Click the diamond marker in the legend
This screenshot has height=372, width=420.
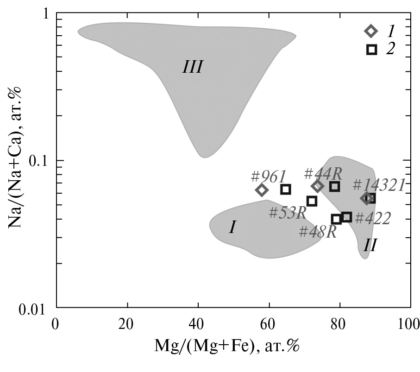pyautogui.click(x=370, y=31)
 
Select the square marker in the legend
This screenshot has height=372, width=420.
pyautogui.click(x=371, y=49)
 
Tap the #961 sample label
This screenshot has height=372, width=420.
pyautogui.click(x=269, y=177)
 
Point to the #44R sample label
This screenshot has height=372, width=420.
pyautogui.click(x=323, y=174)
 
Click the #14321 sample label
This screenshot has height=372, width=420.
pyautogui.click(x=378, y=185)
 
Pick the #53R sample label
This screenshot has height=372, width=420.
pyautogui.click(x=288, y=213)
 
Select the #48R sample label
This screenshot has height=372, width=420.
pyautogui.click(x=317, y=232)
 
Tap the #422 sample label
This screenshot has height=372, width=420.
pyautogui.click(x=373, y=218)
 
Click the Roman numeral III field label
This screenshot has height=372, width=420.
pyautogui.click(x=192, y=68)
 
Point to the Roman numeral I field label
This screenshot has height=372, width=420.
pyautogui.click(x=232, y=227)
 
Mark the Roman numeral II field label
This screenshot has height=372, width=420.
pyautogui.click(x=369, y=245)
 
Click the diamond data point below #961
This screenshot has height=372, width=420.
pyautogui.click(x=262, y=190)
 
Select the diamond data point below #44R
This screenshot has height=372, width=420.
pyautogui.click(x=317, y=186)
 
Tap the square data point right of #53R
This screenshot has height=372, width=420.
pyautogui.click(x=312, y=201)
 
